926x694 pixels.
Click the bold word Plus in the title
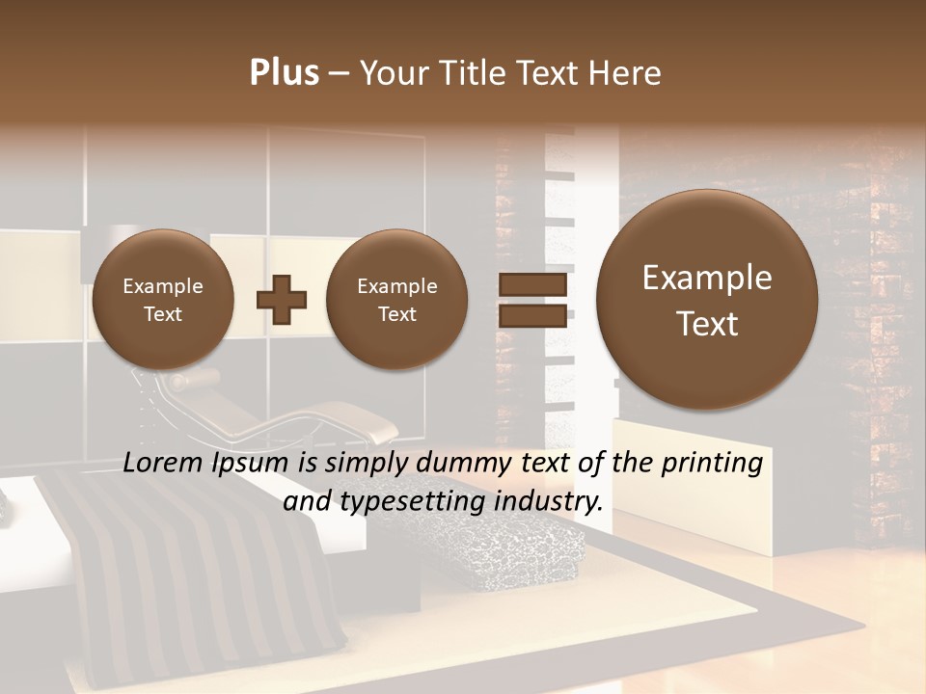click(284, 73)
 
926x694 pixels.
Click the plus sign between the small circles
click(281, 300)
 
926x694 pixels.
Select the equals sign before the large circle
click(532, 300)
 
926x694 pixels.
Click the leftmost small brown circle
click(162, 300)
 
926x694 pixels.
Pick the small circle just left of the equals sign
click(396, 300)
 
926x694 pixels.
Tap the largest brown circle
click(707, 300)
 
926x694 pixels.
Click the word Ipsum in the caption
click(254, 465)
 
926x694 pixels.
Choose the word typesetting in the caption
click(417, 502)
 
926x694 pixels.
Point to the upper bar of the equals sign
click(532, 285)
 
